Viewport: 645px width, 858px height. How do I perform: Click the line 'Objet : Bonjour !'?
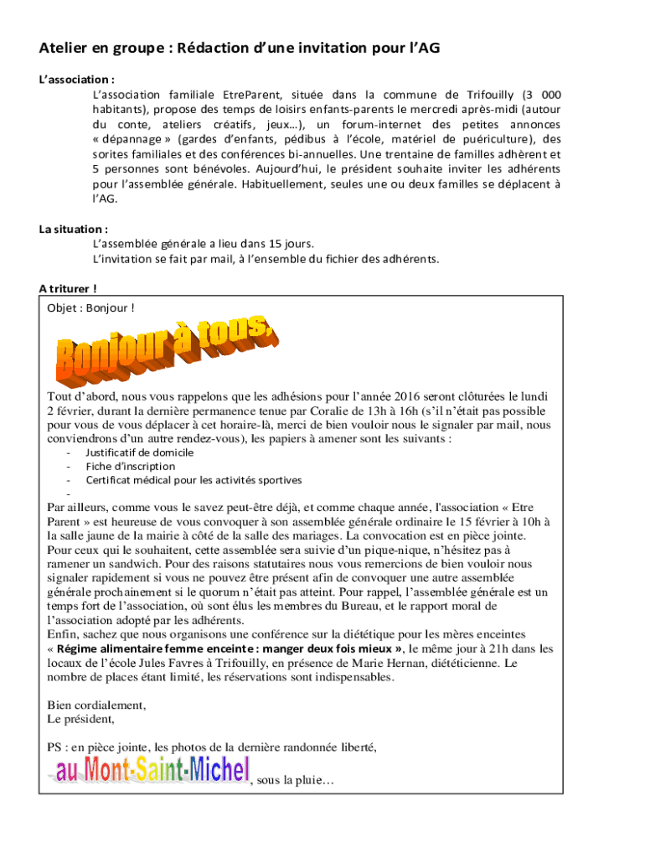90,308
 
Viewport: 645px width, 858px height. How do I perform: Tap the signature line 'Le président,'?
81,719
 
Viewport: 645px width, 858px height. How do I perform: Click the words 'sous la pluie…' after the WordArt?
296,781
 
